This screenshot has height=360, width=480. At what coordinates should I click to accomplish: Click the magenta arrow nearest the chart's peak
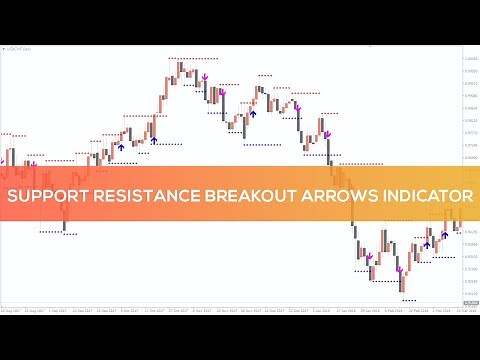click(x=204, y=75)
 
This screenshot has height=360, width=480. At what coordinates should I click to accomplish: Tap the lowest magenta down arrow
click(x=399, y=269)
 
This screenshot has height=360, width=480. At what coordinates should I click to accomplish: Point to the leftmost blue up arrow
click(x=121, y=146)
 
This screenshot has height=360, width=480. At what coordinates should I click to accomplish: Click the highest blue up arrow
click(x=253, y=113)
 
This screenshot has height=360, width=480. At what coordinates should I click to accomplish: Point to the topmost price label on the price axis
click(x=469, y=57)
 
